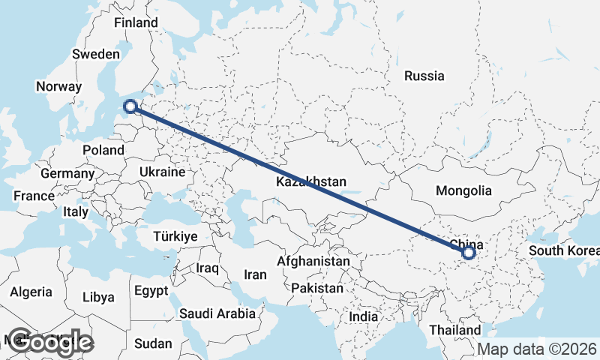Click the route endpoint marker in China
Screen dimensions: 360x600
pyautogui.click(x=469, y=253)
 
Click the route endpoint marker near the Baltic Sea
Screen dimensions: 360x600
pyautogui.click(x=130, y=106)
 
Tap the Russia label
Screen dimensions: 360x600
pyautogui.click(x=424, y=76)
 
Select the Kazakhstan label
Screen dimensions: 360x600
pyautogui.click(x=310, y=182)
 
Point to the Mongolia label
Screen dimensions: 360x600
pyautogui.click(x=463, y=190)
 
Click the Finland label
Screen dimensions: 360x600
pyautogui.click(x=136, y=22)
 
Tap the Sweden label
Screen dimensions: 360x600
pyautogui.click(x=96, y=54)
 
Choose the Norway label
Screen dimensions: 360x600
pyautogui.click(x=58, y=86)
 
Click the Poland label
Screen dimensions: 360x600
pyautogui.click(x=103, y=150)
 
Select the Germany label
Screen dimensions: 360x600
pyautogui.click(x=67, y=173)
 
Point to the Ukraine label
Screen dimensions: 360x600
pyautogui.click(x=161, y=172)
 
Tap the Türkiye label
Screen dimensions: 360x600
pyautogui.click(x=175, y=236)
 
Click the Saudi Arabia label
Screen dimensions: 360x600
pyautogui.click(x=217, y=313)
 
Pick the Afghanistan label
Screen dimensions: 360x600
pyautogui.click(x=313, y=261)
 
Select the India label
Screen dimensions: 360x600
pyautogui.click(x=364, y=316)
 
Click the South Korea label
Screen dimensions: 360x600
pyautogui.click(x=563, y=250)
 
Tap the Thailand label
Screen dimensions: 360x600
pyautogui.click(x=455, y=330)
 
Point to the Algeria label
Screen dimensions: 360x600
pyautogui.click(x=31, y=292)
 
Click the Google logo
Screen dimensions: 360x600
pyautogui.click(x=50, y=342)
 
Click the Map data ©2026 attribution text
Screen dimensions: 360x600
pyautogui.click(x=537, y=349)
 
